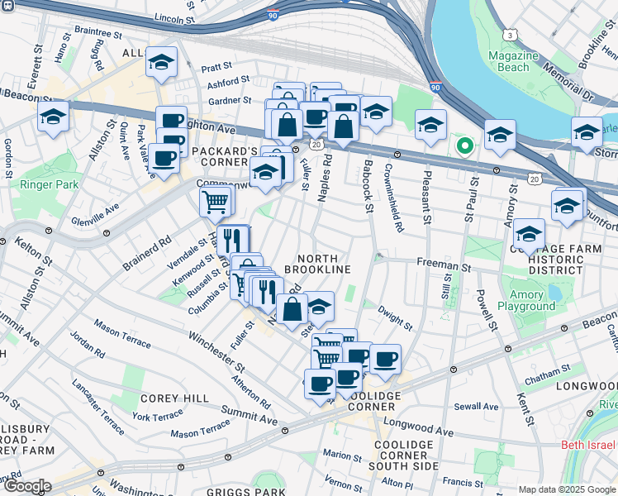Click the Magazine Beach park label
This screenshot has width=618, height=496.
tap(512, 60)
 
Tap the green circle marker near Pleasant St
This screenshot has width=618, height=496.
tap(465, 147)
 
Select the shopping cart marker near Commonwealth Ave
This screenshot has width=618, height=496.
tap(215, 201)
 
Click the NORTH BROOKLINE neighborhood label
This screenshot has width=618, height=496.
tap(318, 264)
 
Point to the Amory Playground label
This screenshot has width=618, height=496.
tap(526, 300)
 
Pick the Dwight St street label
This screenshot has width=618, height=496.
tap(395, 317)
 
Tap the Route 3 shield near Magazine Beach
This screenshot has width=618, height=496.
tap(511, 35)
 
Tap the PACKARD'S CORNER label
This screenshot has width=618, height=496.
tap(225, 152)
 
